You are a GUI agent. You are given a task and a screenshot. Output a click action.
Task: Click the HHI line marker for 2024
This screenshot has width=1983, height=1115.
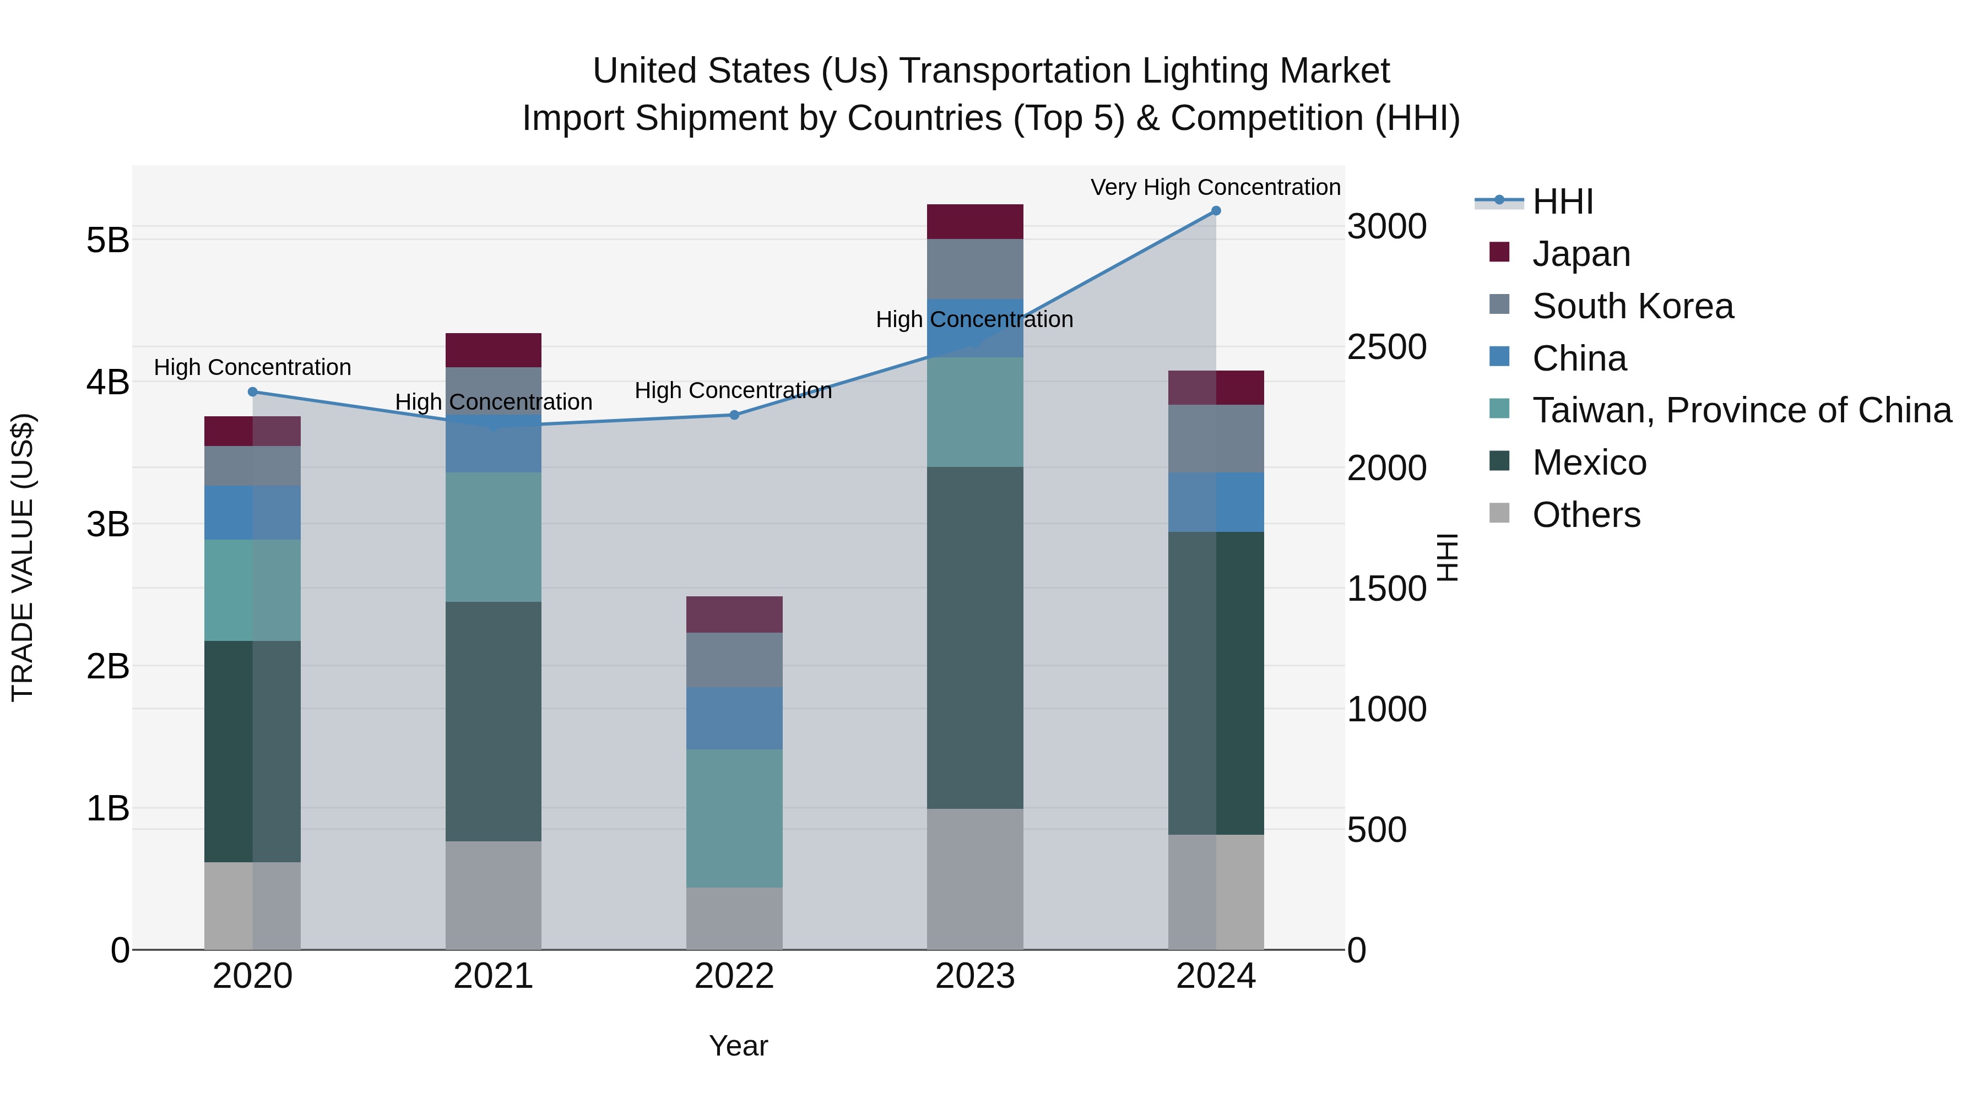coord(1216,210)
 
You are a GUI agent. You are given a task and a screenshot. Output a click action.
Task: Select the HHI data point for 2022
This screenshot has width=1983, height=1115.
coord(734,415)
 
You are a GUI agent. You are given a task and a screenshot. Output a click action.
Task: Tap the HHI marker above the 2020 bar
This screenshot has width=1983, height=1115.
coord(252,391)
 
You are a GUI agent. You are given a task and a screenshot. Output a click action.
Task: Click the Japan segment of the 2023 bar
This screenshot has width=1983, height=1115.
coord(974,221)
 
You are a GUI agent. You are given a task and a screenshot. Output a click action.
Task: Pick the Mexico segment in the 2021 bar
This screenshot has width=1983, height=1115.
coord(494,721)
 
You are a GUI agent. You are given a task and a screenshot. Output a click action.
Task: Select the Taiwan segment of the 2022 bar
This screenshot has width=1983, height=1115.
coord(734,818)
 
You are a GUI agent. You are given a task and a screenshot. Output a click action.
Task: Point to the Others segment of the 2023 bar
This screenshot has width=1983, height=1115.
coord(974,879)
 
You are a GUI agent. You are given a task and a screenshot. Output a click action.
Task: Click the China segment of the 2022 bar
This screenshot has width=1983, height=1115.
coord(734,718)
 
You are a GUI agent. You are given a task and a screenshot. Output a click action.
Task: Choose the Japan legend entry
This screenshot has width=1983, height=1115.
coord(1580,253)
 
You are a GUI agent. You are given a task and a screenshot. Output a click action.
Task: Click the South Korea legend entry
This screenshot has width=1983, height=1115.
coord(1632,306)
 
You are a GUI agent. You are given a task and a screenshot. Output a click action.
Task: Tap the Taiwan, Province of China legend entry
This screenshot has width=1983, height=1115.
coord(1741,410)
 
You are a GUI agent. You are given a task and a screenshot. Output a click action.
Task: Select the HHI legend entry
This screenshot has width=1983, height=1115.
coord(1562,202)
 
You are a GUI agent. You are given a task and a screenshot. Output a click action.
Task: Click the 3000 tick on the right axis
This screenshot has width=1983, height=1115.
coord(1386,226)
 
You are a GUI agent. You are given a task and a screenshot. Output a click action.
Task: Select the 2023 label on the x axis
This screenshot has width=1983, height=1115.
coord(974,976)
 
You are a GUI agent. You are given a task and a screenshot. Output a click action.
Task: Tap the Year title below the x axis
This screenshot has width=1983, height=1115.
coord(738,1046)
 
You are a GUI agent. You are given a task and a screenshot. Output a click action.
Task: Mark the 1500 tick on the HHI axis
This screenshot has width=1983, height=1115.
coord(1386,589)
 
